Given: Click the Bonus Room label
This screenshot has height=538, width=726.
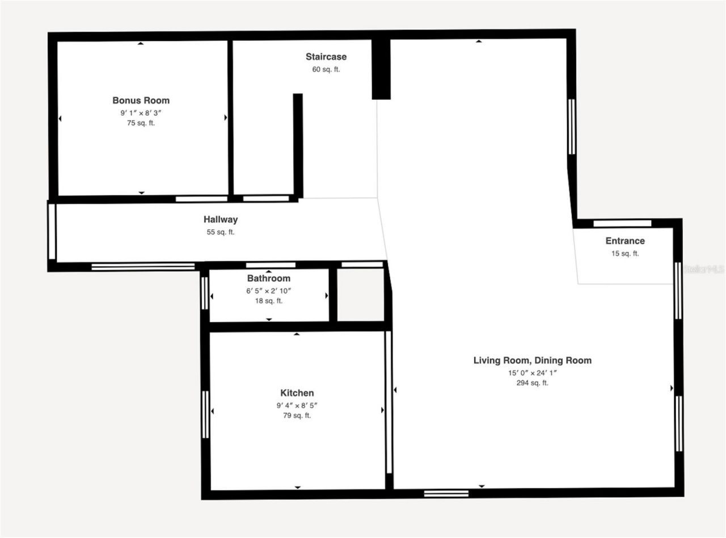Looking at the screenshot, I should click(x=141, y=100).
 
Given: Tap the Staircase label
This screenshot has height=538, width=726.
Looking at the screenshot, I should click(x=326, y=57).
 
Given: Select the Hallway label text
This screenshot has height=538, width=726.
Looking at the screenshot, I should click(x=221, y=220).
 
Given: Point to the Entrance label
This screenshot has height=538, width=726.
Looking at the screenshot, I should click(x=625, y=241).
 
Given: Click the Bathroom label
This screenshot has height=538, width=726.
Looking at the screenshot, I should click(x=268, y=279).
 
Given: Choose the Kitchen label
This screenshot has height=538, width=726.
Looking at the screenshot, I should click(x=297, y=393).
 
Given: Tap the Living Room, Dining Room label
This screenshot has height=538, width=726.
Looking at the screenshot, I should click(x=532, y=360).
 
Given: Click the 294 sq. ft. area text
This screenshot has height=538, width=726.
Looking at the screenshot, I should click(x=532, y=383).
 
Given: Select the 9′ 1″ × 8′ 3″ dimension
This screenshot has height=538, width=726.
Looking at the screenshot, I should click(x=141, y=113).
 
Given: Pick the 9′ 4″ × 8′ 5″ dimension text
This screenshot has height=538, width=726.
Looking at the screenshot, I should click(x=297, y=405).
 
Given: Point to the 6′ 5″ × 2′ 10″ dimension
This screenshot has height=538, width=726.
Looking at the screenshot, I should click(x=268, y=291).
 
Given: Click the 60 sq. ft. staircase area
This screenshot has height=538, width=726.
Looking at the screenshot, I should click(x=326, y=69).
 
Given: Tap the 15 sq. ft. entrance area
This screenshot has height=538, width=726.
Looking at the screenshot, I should click(x=625, y=254).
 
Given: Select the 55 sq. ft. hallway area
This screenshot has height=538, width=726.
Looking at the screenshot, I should click(x=221, y=232).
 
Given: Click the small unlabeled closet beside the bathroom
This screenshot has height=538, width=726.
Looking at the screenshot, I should click(x=361, y=294).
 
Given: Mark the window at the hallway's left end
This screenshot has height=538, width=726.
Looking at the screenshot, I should click(x=52, y=232).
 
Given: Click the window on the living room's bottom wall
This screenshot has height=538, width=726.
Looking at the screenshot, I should click(x=446, y=493).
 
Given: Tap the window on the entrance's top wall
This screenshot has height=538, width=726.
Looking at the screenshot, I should click(x=622, y=223).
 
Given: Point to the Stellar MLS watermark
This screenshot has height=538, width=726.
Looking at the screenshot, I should click(x=703, y=269).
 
